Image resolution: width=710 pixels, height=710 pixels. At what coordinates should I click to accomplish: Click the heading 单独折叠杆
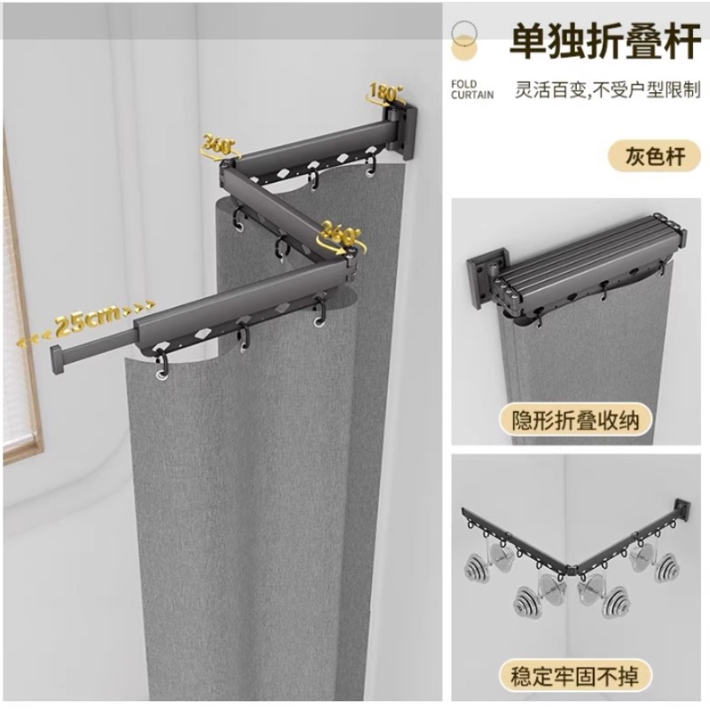[605, 42]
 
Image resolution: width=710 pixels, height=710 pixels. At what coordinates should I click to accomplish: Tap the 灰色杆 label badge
[654, 156]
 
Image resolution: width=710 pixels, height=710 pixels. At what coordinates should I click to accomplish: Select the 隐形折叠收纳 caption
[575, 420]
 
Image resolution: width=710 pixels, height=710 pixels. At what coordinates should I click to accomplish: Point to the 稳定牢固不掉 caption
[575, 676]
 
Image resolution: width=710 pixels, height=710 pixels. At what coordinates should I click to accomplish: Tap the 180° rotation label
[385, 93]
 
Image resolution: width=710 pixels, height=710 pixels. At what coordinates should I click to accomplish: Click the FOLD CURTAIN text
[472, 90]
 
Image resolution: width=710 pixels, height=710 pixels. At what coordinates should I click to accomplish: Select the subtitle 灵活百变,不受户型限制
[608, 91]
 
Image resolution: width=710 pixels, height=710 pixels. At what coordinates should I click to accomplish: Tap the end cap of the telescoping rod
[58, 359]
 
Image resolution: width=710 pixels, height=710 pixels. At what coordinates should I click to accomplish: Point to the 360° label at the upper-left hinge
[218, 147]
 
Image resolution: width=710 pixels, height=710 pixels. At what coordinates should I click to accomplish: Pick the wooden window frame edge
[21, 295]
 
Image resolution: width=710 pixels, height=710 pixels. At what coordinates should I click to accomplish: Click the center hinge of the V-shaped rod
[571, 566]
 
